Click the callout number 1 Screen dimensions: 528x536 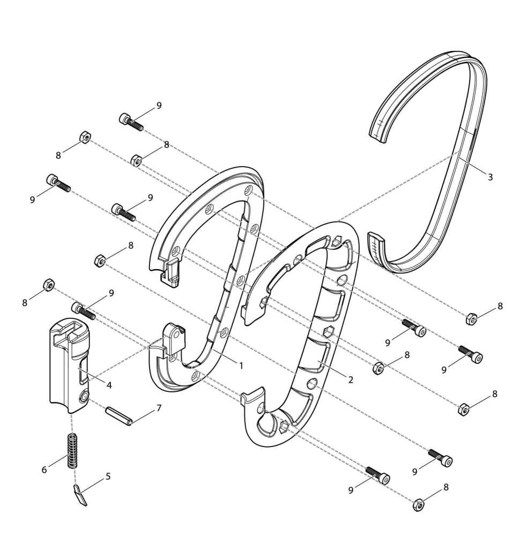(x=241, y=366)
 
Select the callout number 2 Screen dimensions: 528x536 (x=351, y=379)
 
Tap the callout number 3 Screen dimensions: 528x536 (x=490, y=177)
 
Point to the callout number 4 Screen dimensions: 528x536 (x=109, y=385)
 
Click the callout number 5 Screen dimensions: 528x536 (x=108, y=476)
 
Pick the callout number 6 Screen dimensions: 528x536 (x=44, y=470)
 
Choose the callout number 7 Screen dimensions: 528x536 (x=158, y=408)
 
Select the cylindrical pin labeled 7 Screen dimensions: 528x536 (x=118, y=415)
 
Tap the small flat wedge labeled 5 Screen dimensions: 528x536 (x=80, y=495)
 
